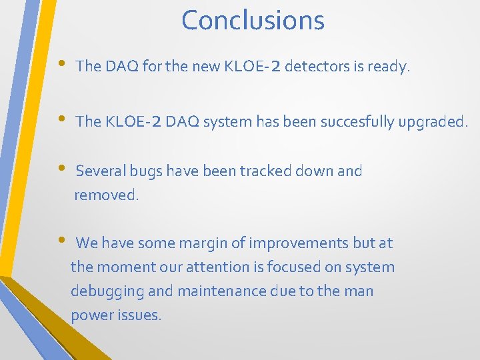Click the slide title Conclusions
[x=253, y=20]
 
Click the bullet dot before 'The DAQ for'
[x=61, y=63]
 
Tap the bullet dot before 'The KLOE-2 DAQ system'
[x=61, y=119]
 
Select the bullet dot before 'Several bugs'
[x=61, y=168]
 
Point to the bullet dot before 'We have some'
[x=61, y=240]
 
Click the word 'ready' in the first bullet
[x=387, y=66]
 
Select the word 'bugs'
[x=145, y=171]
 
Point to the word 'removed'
[x=105, y=195]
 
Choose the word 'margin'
[x=205, y=243]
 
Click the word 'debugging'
[x=103, y=291]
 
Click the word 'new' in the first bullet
[x=185, y=66]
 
